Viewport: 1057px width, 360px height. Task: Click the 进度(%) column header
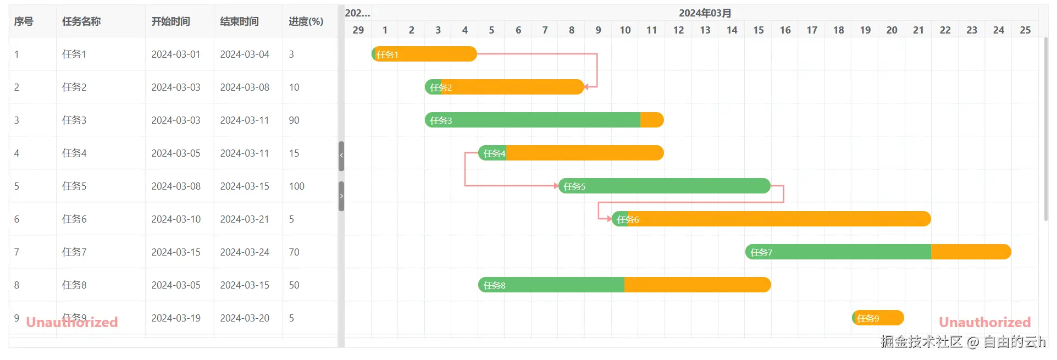[306, 21]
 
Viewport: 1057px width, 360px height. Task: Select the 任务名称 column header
[81, 21]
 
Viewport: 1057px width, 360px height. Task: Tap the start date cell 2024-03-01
[176, 54]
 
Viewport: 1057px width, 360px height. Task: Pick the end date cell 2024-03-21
[245, 219]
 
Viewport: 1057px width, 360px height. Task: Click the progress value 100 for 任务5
[297, 186]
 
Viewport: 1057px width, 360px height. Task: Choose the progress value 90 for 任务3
[294, 120]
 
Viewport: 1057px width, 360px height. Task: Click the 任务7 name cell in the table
[74, 252]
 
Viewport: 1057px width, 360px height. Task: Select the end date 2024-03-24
[245, 252]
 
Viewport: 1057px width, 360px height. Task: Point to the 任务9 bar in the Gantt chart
[878, 318]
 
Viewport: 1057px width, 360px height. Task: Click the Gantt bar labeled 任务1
[424, 54]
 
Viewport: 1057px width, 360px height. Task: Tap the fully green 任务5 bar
[665, 186]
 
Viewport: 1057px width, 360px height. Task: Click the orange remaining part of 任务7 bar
[971, 252]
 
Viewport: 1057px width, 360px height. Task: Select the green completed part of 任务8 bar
[551, 285]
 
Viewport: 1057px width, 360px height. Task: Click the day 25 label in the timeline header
[1025, 30]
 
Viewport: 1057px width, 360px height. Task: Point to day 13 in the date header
[705, 30]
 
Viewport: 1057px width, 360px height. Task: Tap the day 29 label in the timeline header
[358, 30]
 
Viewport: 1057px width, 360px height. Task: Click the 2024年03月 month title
[705, 13]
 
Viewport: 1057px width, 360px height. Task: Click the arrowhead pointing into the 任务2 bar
[586, 87]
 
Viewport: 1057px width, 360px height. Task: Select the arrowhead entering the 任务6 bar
[609, 219]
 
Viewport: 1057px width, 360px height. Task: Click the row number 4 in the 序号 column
[16, 153]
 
